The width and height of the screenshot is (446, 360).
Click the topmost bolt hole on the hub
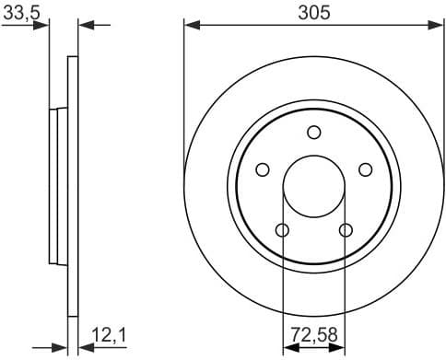point(314,131)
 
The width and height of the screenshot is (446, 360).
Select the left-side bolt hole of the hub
point(263,169)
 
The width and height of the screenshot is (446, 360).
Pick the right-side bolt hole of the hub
point(366,169)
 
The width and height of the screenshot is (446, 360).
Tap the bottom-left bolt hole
point(283,229)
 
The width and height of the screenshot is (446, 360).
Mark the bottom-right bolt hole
point(346,229)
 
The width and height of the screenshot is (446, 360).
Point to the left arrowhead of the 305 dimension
point(190,26)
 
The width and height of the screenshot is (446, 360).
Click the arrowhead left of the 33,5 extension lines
point(42,26)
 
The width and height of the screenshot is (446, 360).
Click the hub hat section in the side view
point(56,185)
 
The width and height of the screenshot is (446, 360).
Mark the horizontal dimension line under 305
point(276,26)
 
